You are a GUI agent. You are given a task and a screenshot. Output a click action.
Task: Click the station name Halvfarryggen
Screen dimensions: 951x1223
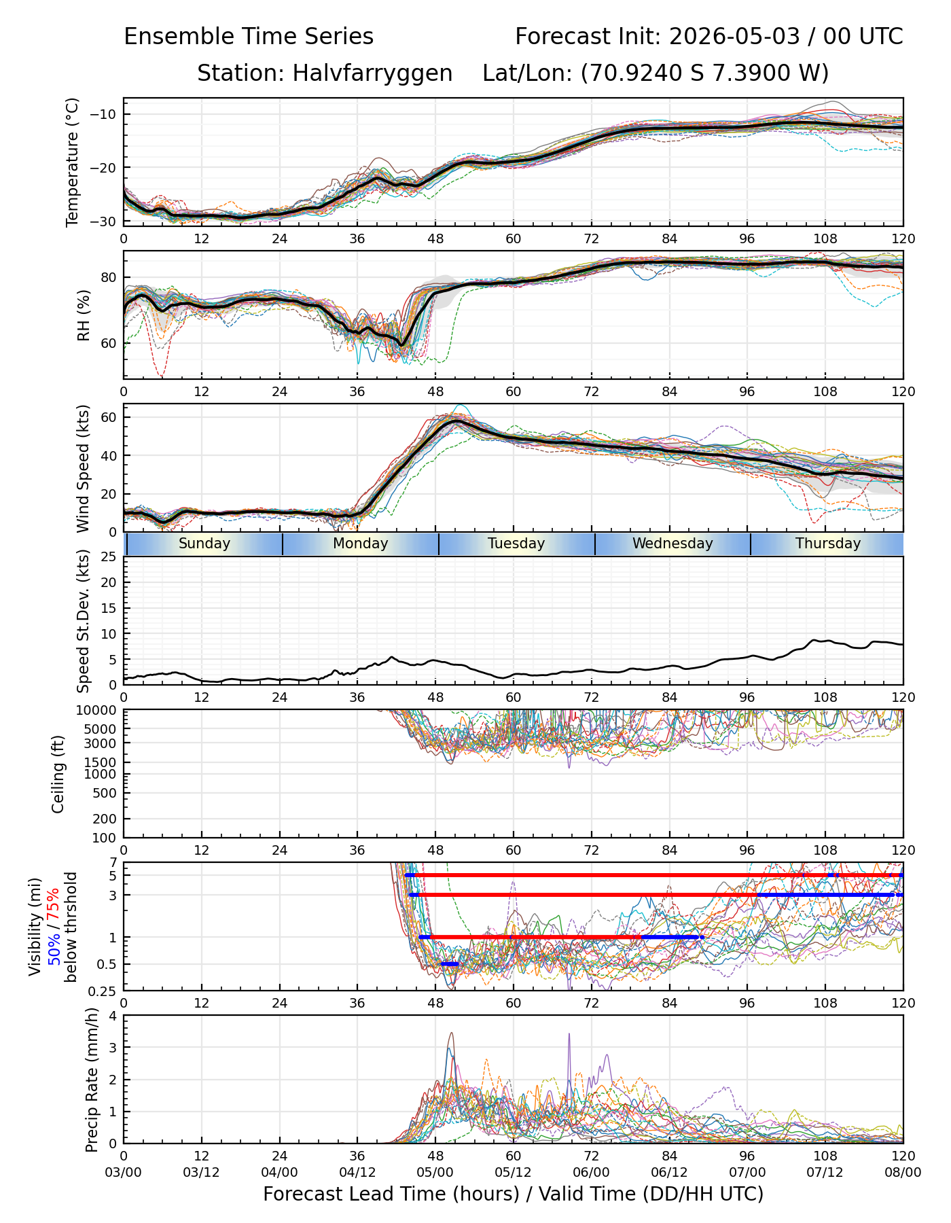click(372, 73)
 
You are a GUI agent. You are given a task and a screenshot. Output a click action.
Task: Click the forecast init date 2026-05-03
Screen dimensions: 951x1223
click(734, 37)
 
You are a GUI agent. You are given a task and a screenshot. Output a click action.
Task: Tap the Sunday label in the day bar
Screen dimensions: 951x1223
click(204, 544)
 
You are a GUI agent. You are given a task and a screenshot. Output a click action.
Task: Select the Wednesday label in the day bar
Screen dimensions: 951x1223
click(672, 544)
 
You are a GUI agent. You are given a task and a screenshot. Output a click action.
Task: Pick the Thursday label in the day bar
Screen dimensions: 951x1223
click(828, 544)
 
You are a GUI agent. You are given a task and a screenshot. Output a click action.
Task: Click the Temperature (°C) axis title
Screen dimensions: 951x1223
click(73, 162)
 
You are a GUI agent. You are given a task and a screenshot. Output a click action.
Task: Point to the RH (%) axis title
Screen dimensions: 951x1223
click(84, 315)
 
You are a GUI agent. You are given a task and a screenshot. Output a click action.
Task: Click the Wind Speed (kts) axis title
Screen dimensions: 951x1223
click(84, 468)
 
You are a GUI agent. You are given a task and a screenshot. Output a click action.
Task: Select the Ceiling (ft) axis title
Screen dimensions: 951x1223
click(58, 774)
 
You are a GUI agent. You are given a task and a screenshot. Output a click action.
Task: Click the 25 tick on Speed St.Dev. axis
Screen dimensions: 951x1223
click(109, 557)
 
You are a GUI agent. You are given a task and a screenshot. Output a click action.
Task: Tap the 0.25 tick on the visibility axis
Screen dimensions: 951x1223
click(105, 991)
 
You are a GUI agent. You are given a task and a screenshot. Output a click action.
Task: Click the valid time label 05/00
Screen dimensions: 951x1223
click(435, 1172)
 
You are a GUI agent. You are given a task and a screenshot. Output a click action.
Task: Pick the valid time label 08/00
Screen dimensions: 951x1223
click(903, 1172)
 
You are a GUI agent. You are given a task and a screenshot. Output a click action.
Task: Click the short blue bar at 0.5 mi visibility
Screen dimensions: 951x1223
click(450, 964)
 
